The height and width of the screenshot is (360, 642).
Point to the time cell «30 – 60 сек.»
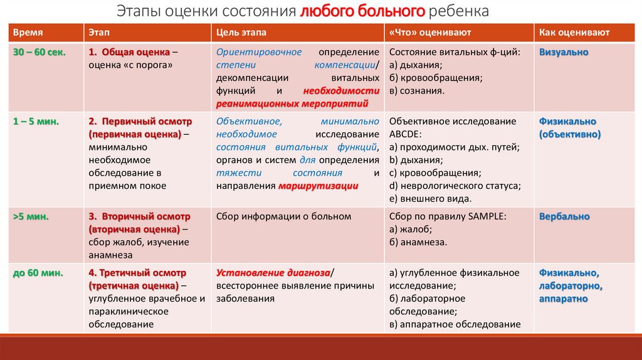click(x=39, y=52)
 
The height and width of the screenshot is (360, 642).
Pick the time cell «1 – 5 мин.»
click(x=36, y=121)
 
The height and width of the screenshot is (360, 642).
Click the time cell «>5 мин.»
click(x=31, y=216)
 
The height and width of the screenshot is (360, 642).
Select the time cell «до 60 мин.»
click(x=37, y=272)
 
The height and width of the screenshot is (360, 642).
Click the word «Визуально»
click(x=564, y=52)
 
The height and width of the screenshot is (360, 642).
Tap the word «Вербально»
click(x=564, y=216)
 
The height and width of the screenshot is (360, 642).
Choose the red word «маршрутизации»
click(x=318, y=186)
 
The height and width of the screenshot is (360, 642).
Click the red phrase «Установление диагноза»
click(x=273, y=272)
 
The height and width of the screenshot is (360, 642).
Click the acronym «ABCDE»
click(x=409, y=134)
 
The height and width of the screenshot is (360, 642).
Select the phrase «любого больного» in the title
click(x=363, y=11)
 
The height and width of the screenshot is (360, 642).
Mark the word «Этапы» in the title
click(x=139, y=11)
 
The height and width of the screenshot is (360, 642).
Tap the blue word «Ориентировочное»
click(x=259, y=52)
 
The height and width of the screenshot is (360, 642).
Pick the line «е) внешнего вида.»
click(x=430, y=199)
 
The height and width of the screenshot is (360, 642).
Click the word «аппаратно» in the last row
click(x=563, y=299)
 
